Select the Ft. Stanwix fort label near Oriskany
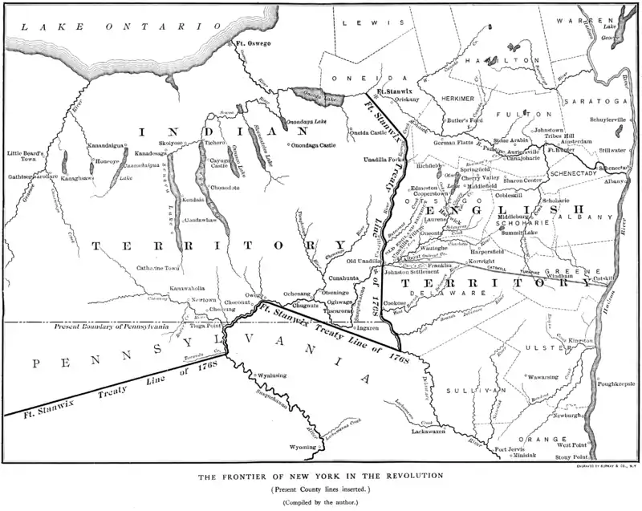[394, 92]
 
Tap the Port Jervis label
[510, 448]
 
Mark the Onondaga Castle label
[315, 144]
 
